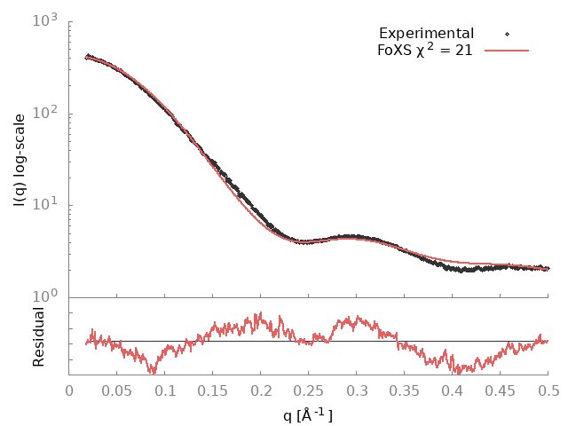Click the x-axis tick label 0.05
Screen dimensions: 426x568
tap(117, 391)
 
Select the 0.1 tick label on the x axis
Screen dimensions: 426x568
tap(165, 391)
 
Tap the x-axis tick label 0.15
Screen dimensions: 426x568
tap(213, 391)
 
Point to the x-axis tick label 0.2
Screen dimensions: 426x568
tap(261, 391)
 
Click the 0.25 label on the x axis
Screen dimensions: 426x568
tap(309, 391)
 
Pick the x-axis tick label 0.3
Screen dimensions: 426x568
tap(357, 391)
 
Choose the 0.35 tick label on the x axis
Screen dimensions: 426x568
tap(405, 391)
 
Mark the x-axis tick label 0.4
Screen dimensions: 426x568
tap(453, 391)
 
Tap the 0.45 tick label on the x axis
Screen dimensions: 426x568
tap(501, 391)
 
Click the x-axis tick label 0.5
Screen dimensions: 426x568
tap(548, 391)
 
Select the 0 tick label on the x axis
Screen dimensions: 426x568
tap(69, 391)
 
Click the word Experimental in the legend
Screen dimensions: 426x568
tap(426, 34)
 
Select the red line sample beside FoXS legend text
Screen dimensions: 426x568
tap(507, 51)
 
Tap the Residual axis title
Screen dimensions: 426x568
tap(38, 336)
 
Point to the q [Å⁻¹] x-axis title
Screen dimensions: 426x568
tap(308, 414)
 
